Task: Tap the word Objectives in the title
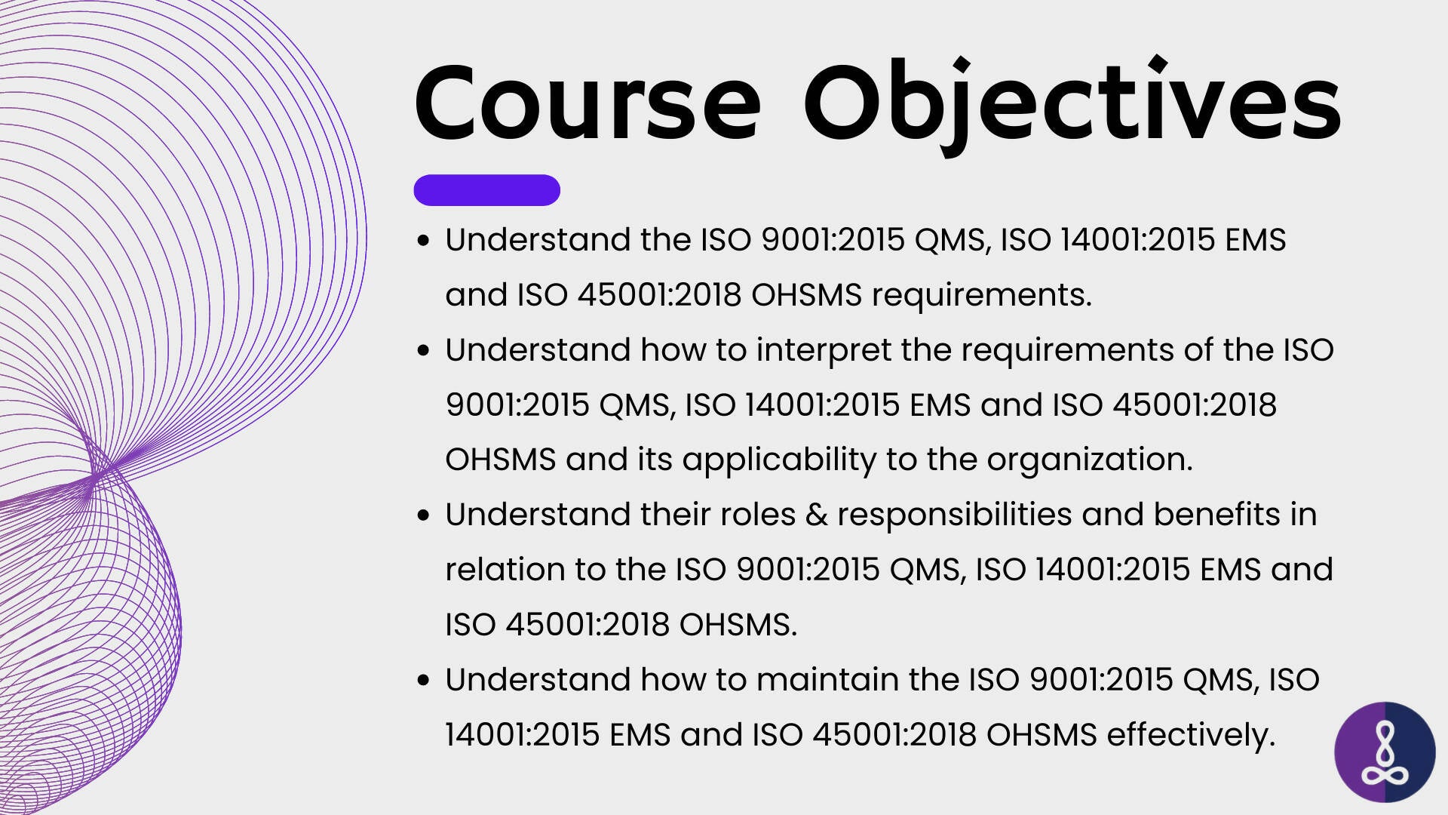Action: [x=1072, y=106]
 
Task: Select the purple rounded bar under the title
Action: [x=486, y=190]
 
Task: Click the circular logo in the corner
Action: [x=1385, y=752]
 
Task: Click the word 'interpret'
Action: [x=824, y=351]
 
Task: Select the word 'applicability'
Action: [x=779, y=460]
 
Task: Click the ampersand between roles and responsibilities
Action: [x=817, y=515]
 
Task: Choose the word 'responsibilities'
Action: [x=955, y=515]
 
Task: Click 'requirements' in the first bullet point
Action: [x=981, y=296]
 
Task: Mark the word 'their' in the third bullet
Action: [x=676, y=515]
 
